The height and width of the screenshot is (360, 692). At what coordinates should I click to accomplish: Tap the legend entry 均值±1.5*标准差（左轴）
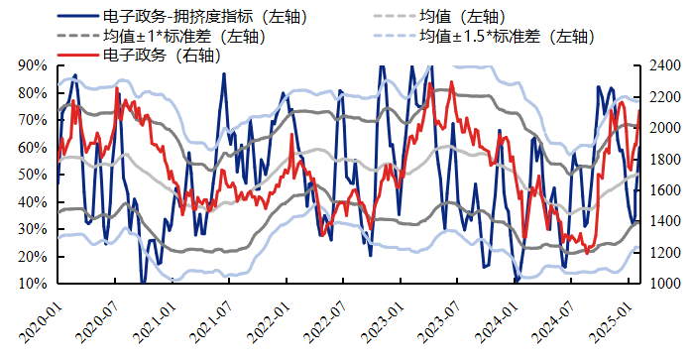point(506,37)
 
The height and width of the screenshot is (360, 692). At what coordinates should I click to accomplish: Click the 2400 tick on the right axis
point(663,66)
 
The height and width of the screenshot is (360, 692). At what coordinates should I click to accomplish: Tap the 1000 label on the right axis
point(663,284)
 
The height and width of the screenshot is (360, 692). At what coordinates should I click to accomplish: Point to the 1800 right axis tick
point(663,160)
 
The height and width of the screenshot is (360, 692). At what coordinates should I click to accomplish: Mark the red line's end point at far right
point(639,110)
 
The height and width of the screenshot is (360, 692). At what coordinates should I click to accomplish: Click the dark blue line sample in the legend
point(76,17)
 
